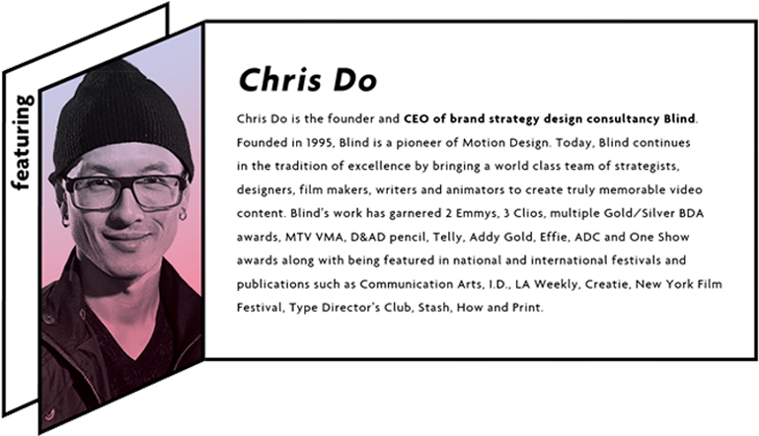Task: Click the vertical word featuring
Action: click(x=22, y=142)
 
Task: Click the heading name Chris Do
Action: click(x=307, y=80)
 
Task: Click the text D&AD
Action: click(x=367, y=237)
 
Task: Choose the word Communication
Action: click(x=406, y=284)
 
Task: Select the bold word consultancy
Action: click(x=618, y=119)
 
